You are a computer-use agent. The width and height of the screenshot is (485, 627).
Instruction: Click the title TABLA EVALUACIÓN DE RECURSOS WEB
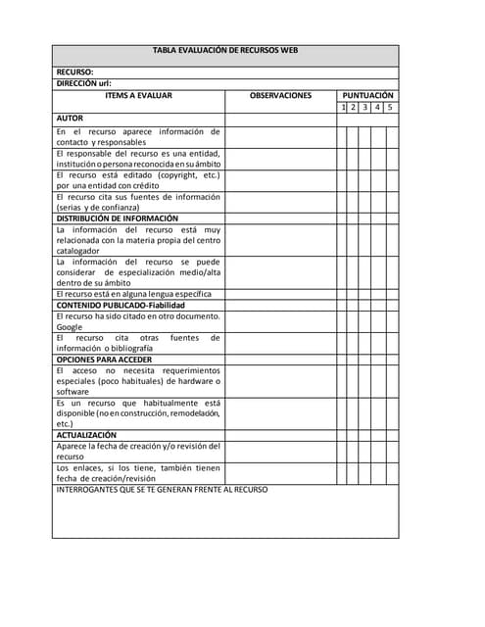(x=225, y=50)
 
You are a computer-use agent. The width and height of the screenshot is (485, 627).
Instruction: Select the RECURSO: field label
(x=74, y=72)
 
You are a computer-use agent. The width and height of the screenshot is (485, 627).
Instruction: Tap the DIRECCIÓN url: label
(x=83, y=84)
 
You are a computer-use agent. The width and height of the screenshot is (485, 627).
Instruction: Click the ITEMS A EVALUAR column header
(x=138, y=95)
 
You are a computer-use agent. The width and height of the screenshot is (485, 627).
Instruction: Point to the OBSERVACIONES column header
(x=280, y=95)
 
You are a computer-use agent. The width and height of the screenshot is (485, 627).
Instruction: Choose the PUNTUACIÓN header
(x=367, y=95)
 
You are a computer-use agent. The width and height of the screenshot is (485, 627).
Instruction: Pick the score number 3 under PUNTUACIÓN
(x=364, y=107)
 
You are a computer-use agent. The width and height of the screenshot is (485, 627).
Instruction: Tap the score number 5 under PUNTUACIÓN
(x=390, y=107)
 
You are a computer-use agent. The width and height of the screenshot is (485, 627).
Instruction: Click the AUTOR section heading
(x=70, y=119)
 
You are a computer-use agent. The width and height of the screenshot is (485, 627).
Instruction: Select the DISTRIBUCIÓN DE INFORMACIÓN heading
(x=118, y=218)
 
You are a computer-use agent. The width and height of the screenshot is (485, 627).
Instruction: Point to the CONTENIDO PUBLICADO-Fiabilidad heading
(x=121, y=305)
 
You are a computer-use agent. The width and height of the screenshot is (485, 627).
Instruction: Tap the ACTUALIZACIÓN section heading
(x=86, y=434)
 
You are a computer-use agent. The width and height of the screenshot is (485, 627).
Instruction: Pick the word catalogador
(x=78, y=251)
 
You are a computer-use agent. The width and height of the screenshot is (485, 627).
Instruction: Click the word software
(x=73, y=391)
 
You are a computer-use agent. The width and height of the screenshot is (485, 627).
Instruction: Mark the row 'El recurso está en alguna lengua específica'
(x=133, y=294)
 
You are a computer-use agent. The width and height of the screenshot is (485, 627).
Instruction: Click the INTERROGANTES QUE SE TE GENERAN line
(x=162, y=489)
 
